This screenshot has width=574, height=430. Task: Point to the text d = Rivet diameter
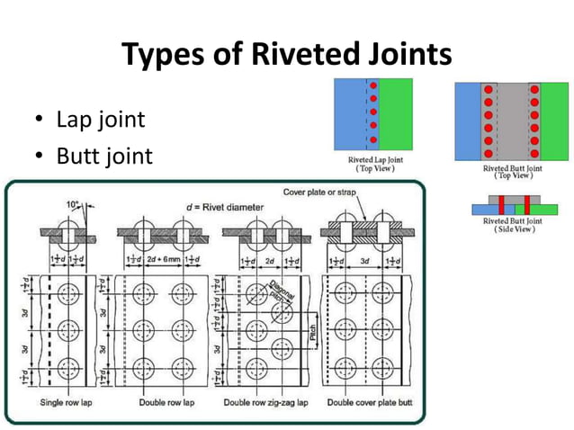pos(225,207)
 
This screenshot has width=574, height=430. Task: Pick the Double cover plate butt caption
pos(368,402)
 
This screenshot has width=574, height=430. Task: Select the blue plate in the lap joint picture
pos(349,114)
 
